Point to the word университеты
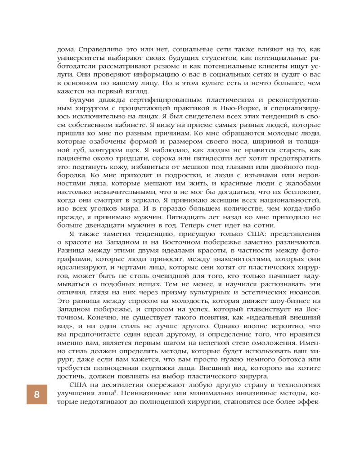click(x=85, y=58)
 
